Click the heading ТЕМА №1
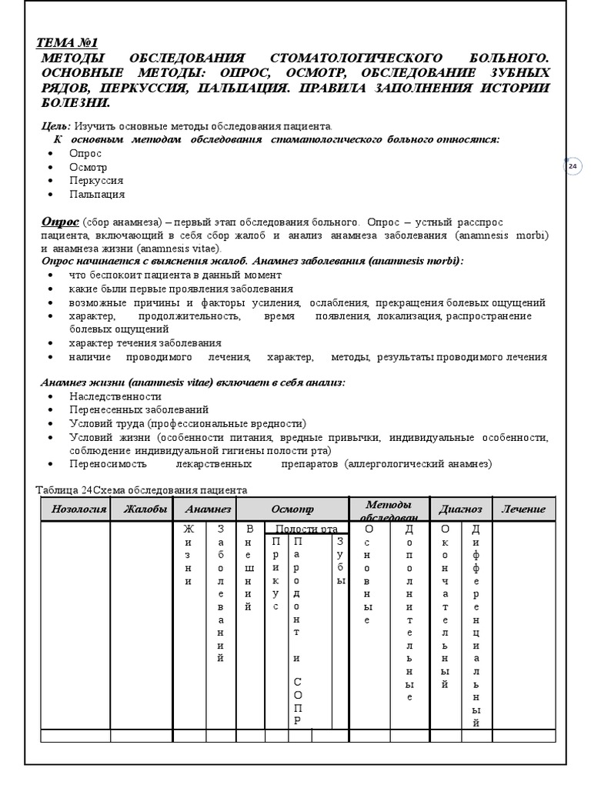(x=68, y=43)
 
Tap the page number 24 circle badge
(x=572, y=166)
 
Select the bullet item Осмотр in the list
(x=88, y=167)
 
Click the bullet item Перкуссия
(x=95, y=180)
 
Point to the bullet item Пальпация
(x=96, y=194)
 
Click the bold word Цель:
(x=55, y=125)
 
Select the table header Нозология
(x=75, y=509)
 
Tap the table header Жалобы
(x=142, y=509)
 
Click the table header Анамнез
(x=204, y=509)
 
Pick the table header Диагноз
(x=460, y=509)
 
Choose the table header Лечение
(x=523, y=509)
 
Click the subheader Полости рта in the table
(x=306, y=529)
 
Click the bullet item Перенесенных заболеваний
(x=139, y=409)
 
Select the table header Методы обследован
(x=389, y=509)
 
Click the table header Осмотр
(x=292, y=509)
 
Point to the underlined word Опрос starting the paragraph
(x=59, y=222)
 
